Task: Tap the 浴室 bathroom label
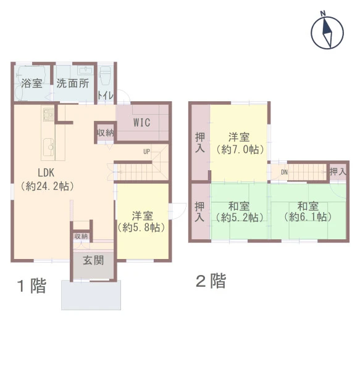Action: tap(32, 83)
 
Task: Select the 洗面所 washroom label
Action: tap(72, 83)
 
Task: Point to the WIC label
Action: tap(142, 123)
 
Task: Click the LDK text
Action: tap(46, 173)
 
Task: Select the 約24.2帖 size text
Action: tap(48, 186)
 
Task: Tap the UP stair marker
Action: tap(146, 152)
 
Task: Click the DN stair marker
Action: tap(284, 172)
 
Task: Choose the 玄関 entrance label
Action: tap(93, 260)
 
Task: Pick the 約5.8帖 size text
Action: tap(141, 228)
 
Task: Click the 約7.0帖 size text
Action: tap(240, 149)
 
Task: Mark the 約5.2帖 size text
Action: tap(240, 217)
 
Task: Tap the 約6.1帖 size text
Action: tap(308, 217)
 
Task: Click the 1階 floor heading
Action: tap(32, 286)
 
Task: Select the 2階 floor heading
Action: tap(211, 281)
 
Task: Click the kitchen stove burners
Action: tap(48, 115)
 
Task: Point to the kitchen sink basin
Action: tap(49, 147)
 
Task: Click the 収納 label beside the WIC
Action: tap(106, 133)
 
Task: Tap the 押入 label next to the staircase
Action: tap(338, 171)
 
